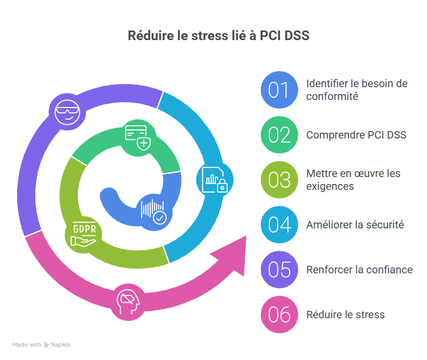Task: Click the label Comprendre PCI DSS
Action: coord(356,135)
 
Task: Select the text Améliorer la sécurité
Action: coord(355,225)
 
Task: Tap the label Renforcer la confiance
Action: coord(359,270)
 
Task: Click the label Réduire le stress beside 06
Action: coord(345,315)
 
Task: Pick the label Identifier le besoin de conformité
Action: coord(356,90)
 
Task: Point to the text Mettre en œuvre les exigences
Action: coord(353,180)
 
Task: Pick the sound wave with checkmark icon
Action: coord(153,211)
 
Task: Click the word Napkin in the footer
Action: coord(60,345)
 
